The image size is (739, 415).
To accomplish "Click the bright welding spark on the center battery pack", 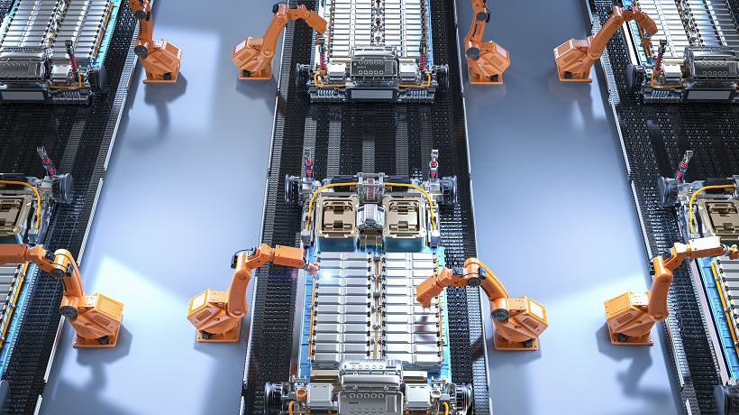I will [x=313, y=268].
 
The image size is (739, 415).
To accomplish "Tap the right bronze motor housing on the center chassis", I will [x=404, y=214].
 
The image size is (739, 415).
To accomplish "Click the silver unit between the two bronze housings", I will [x=368, y=217].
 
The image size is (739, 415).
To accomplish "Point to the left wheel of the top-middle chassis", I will [x=305, y=76].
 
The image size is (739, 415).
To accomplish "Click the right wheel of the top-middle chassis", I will [x=441, y=76].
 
